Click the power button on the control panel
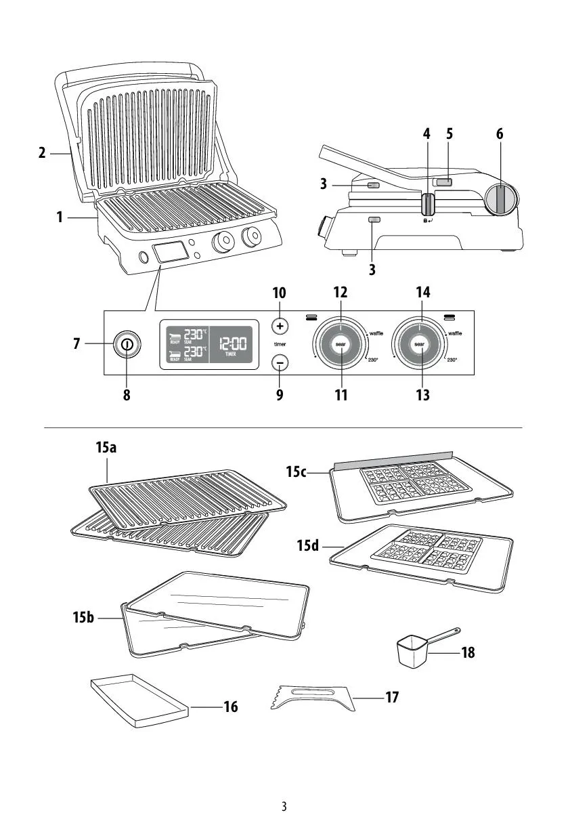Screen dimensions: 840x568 point(126,345)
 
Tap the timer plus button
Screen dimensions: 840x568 point(280,326)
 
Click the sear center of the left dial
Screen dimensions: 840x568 point(341,345)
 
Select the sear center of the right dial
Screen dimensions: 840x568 point(420,345)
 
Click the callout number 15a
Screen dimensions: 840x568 point(106,448)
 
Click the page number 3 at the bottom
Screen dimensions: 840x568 point(284,807)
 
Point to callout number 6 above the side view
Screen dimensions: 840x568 point(500,133)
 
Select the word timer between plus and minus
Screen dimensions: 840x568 point(280,344)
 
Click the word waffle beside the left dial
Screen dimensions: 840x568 point(377,333)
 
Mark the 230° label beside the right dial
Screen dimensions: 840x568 point(452,360)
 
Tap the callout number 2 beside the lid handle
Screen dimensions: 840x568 point(42,153)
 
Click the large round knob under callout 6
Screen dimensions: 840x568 point(501,198)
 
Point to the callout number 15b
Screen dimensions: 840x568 point(85,618)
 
